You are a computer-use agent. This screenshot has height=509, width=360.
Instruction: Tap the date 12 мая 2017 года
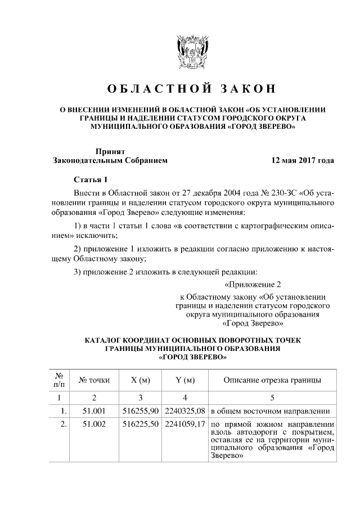pyautogui.click(x=303, y=160)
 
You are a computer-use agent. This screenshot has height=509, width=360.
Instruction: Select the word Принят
pyautogui.click(x=110, y=151)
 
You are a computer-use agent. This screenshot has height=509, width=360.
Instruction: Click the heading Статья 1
pyautogui.click(x=90, y=180)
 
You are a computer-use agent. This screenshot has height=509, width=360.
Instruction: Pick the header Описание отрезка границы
pyautogui.click(x=272, y=380)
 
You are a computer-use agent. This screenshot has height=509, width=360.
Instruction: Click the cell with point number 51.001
pyautogui.click(x=94, y=411)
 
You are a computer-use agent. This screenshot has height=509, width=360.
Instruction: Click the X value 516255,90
pyautogui.click(x=141, y=411)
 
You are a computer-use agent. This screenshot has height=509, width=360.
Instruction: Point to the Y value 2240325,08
pyautogui.click(x=185, y=411)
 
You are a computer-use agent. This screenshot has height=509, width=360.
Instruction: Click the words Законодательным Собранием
pyautogui.click(x=110, y=160)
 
